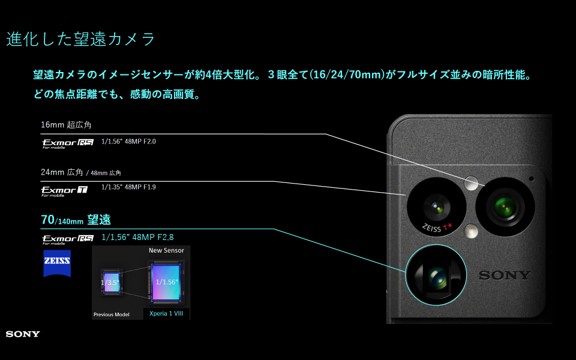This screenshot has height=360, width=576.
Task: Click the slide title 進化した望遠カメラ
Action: pos(80,39)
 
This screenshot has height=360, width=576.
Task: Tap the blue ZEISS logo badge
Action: pos(57,263)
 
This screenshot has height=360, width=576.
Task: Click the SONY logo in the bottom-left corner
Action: pos(23,334)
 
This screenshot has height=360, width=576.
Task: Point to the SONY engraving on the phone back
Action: pos(505,275)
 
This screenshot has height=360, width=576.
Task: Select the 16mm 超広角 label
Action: pos(66,125)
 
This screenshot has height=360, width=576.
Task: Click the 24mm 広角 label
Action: pos(62,172)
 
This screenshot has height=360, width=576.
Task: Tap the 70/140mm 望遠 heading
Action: pos(76,220)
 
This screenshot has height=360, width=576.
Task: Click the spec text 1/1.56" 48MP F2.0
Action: pos(128,142)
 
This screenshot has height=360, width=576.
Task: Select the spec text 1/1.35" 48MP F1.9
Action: pos(128,187)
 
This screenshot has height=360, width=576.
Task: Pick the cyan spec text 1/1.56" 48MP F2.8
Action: pos(138,238)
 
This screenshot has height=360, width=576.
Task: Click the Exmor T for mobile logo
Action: pos(64,191)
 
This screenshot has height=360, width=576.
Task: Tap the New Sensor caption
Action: pos(166,251)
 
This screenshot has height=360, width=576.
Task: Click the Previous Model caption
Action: pos(112,314)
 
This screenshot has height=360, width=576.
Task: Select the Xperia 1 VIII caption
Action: pos(166,313)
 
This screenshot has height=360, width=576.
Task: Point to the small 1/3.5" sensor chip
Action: pos(112,282)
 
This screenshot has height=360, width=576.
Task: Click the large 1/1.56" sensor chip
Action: pos(166,282)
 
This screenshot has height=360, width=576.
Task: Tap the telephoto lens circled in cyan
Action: pos(436,275)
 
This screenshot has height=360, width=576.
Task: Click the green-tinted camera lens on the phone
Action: pos(505,207)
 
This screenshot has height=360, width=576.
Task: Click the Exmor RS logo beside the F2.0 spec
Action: pos(68,143)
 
